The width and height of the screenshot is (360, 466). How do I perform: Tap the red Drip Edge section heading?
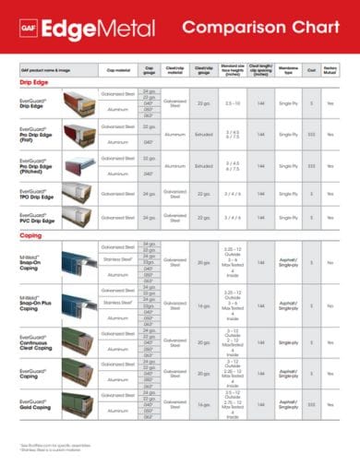[x=34, y=81]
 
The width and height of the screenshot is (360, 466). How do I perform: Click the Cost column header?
[x=311, y=69]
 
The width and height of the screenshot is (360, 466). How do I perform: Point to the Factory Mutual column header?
[x=330, y=69]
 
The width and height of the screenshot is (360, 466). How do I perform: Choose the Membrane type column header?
[x=288, y=69]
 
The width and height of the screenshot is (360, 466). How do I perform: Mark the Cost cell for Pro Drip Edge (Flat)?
[x=311, y=134]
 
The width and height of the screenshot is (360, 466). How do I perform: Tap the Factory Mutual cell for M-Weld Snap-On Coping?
[x=330, y=263]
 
